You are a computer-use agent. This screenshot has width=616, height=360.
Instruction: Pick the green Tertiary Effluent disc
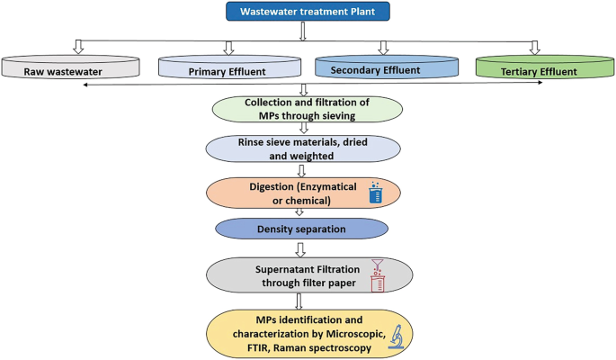click(x=538, y=67)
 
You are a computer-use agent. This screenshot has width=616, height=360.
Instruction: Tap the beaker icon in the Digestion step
click(x=376, y=192)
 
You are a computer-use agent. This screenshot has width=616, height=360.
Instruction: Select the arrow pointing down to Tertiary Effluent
click(x=536, y=47)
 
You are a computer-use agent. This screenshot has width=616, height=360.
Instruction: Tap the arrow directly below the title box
click(x=304, y=31)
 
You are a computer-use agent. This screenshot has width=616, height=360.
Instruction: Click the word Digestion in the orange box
click(x=262, y=184)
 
